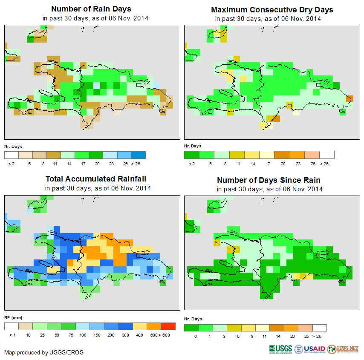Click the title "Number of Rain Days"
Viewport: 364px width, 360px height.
tap(91, 9)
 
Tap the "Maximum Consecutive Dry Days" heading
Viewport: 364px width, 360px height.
tap(272, 9)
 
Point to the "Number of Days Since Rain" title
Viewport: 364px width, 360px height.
tap(269, 180)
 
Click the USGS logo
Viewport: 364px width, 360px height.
tap(280, 349)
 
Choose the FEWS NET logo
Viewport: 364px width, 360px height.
tap(343, 349)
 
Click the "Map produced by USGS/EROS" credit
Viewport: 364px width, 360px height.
tap(44, 352)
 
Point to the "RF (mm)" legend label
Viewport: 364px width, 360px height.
tap(13, 317)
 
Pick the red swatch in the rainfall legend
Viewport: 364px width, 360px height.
tap(168, 326)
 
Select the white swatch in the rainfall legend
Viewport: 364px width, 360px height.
tap(12, 326)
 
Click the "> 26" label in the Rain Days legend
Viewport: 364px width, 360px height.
tap(139, 164)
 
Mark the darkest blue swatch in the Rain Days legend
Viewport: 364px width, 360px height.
tap(139, 155)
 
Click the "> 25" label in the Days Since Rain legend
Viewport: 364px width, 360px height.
tap(319, 337)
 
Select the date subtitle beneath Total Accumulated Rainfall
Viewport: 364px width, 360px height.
tap(98, 188)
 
